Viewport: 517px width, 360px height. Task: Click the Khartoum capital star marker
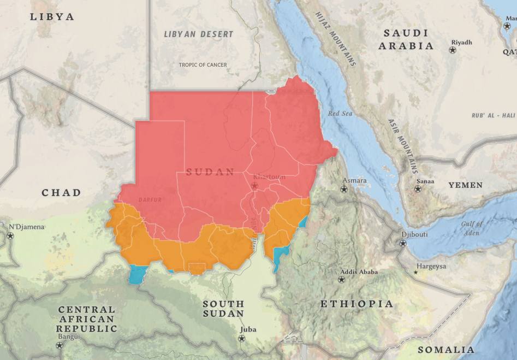(x=254, y=186)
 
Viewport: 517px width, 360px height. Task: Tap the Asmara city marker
(x=343, y=189)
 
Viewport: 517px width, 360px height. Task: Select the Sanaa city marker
(x=418, y=189)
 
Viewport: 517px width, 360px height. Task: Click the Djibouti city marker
(x=403, y=243)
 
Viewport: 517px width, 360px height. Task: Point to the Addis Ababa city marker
(x=342, y=280)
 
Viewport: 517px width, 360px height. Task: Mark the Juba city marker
(x=241, y=338)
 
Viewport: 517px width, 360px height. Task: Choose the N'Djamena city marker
(x=10, y=236)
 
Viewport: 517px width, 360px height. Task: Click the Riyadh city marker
(x=453, y=50)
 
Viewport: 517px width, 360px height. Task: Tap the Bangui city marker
(x=60, y=345)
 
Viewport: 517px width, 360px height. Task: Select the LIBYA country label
(x=52, y=17)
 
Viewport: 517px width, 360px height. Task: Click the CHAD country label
(x=61, y=193)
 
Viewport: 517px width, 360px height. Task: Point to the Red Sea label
(x=341, y=114)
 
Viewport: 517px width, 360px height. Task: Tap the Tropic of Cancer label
(x=203, y=65)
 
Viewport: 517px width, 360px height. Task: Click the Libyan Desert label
(x=199, y=34)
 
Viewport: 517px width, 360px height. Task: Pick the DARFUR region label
(x=150, y=200)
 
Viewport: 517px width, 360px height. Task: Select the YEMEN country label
(x=465, y=185)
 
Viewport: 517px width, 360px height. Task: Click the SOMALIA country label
(x=445, y=350)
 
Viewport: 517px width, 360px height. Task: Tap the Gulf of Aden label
(x=472, y=228)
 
